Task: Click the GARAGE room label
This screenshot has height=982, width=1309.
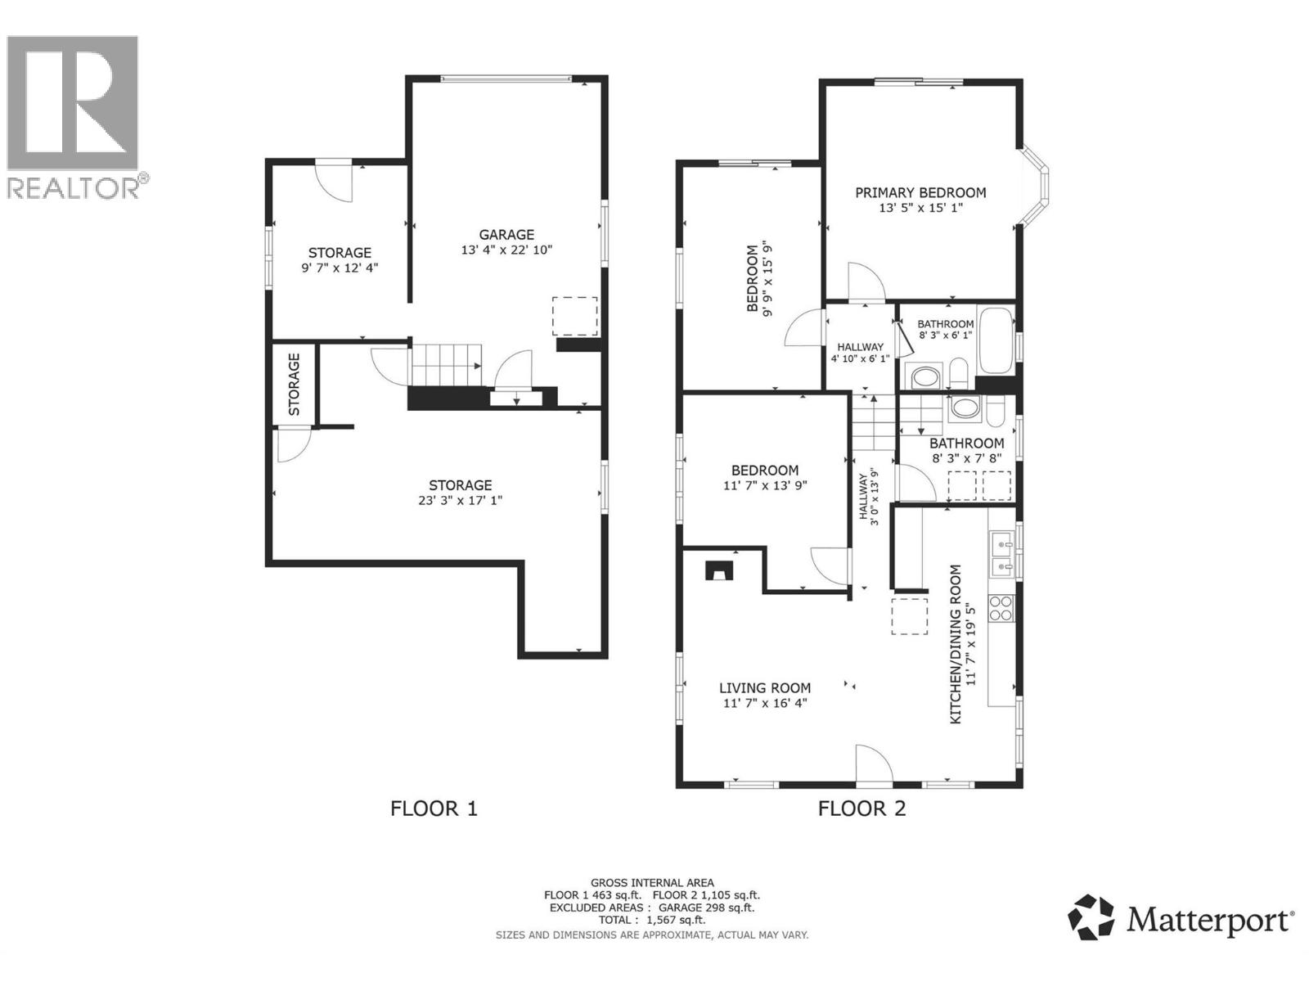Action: [x=506, y=234]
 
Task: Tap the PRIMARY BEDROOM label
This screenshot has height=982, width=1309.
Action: [x=920, y=192]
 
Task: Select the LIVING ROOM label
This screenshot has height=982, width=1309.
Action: [x=764, y=688]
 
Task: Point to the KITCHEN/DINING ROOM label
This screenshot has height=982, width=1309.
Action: [x=956, y=645]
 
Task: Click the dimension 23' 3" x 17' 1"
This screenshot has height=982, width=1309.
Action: [x=460, y=500]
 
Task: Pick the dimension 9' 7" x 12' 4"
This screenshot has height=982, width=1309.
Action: [x=340, y=268]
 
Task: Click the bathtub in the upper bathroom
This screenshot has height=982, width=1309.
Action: [x=996, y=341]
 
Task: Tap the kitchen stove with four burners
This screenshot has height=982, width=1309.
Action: [x=1001, y=608]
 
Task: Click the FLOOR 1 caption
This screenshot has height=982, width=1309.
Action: [x=434, y=809]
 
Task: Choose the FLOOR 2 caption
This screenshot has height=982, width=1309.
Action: [x=861, y=809]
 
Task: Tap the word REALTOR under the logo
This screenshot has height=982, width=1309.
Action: [x=73, y=187]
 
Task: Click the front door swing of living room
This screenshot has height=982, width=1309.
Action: [x=875, y=764]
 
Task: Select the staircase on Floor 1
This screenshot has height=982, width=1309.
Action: [x=446, y=366]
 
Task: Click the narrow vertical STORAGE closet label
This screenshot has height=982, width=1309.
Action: [x=294, y=385]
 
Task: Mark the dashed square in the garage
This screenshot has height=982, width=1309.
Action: [x=575, y=316]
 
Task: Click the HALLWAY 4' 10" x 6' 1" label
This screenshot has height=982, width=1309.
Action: [x=860, y=353]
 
